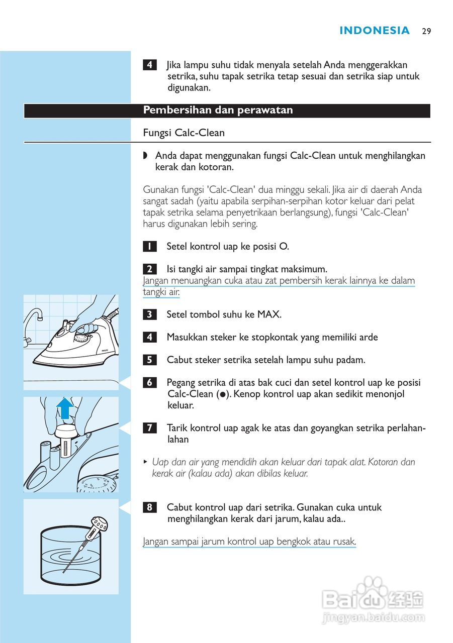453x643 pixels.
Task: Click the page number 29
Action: tap(426, 31)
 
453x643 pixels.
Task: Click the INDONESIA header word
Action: tap(375, 31)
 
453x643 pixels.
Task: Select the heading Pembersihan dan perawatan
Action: tap(218, 111)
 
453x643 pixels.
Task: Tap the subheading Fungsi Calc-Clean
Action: tap(184, 133)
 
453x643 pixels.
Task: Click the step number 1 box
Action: tap(149, 247)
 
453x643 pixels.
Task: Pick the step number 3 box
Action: tap(149, 315)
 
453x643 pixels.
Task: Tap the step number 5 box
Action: tap(149, 360)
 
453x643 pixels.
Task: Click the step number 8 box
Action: tap(149, 507)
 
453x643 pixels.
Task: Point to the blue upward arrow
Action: tap(64, 408)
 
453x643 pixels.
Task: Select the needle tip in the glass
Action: tap(64, 571)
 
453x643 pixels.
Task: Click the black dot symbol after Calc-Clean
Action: tap(221, 395)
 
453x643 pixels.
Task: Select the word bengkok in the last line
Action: tap(290, 542)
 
